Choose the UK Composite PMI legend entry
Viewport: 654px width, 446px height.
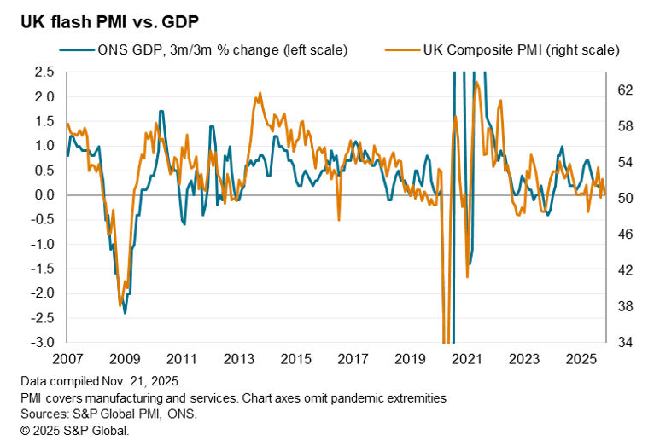[x=521, y=50]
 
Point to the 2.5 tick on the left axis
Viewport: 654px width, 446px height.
[x=45, y=72]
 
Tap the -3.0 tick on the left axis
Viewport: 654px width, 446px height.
[x=43, y=343]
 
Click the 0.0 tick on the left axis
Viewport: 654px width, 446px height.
[x=45, y=195]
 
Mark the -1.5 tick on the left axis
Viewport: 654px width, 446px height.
[x=43, y=269]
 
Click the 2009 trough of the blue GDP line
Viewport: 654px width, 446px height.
[x=125, y=313]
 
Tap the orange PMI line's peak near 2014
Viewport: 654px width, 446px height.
[x=257, y=93]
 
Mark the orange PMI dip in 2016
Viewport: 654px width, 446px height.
[x=339, y=220]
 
